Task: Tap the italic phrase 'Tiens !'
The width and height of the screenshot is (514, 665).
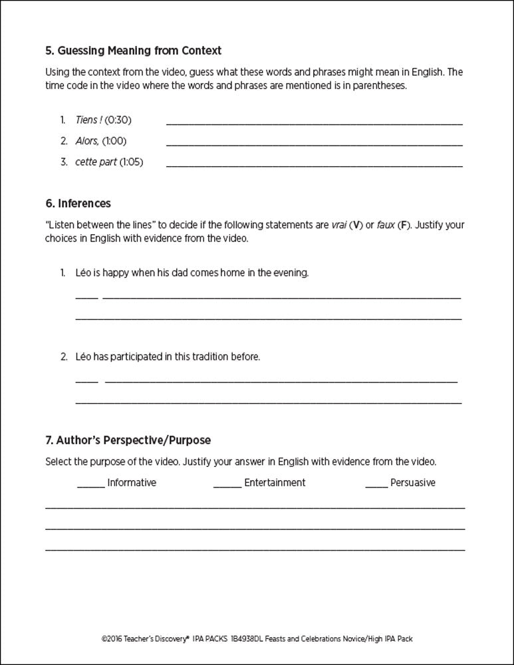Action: [88, 120]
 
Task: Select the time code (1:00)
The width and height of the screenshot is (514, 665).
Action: [114, 141]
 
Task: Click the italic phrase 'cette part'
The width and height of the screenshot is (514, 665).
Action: [96, 162]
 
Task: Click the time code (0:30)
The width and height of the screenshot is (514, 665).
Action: [118, 120]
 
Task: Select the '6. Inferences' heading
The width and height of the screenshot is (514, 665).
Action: [78, 203]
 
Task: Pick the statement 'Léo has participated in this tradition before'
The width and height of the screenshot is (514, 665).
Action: [168, 356]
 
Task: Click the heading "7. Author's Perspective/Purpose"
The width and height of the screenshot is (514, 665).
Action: [128, 440]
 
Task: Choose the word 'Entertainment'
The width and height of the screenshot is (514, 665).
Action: [275, 483]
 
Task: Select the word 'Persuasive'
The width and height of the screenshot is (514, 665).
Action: [413, 483]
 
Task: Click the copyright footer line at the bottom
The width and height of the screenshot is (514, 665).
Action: [257, 637]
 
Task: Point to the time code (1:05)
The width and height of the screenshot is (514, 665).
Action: [131, 162]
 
